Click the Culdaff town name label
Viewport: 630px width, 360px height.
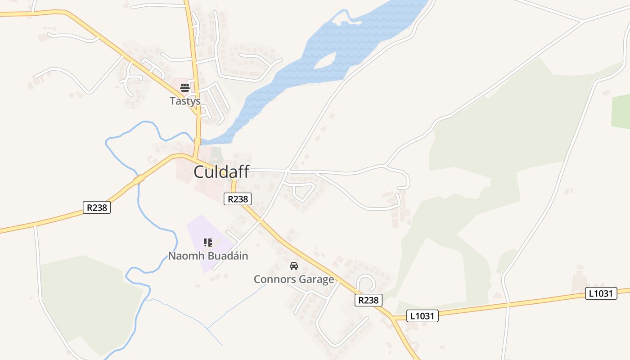(221, 172)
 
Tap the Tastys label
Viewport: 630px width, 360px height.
(185, 101)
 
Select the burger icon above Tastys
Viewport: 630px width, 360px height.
(185, 87)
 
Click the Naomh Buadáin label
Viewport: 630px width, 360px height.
(208, 256)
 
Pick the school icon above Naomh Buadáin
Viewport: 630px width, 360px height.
(208, 243)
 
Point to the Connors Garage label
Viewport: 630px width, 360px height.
(294, 279)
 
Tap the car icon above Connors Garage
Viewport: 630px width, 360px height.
(294, 266)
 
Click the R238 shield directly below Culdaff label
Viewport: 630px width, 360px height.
(238, 199)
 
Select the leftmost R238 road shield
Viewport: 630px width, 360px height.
(97, 207)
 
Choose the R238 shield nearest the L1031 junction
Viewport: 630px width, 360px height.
(369, 300)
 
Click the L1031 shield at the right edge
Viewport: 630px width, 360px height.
(601, 294)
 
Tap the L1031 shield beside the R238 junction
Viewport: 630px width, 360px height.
(422, 316)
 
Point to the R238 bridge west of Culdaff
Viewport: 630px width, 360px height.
(139, 180)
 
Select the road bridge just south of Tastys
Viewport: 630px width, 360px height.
(197, 141)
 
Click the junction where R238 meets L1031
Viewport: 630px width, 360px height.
(392, 318)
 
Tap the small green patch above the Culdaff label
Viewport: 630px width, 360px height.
(217, 154)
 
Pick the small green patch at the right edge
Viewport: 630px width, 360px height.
(621, 112)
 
